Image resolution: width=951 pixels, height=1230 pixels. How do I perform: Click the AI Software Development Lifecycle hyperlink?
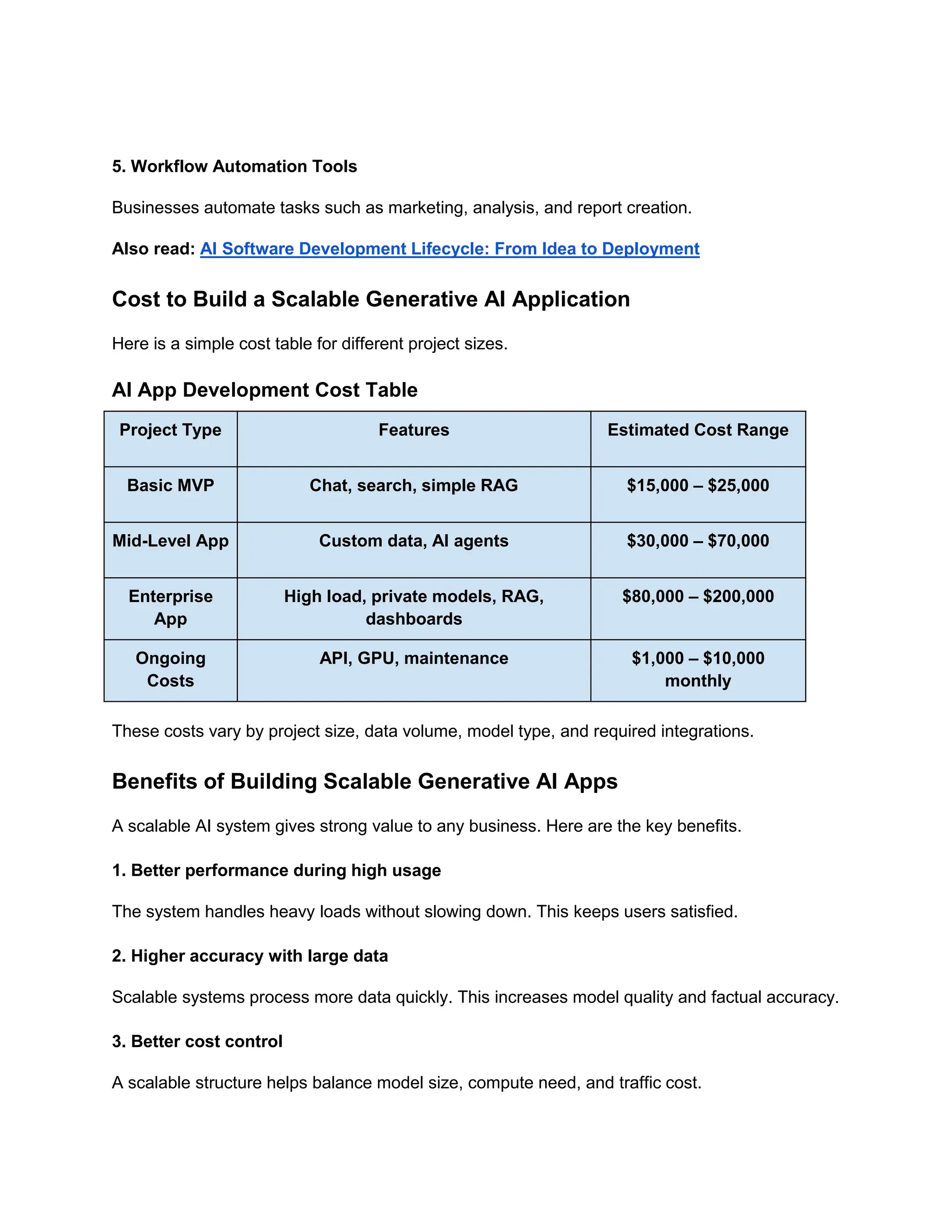[449, 248]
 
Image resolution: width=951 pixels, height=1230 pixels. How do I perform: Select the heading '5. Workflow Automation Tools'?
[234, 166]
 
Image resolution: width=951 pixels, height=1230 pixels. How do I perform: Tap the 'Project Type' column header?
[170, 430]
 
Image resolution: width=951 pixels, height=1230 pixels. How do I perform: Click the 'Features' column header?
[414, 430]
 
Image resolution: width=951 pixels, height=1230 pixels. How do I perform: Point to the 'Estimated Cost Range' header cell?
[697, 430]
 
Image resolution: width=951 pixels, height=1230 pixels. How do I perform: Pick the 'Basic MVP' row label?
[170, 485]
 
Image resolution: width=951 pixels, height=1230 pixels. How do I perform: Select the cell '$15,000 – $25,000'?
[697, 485]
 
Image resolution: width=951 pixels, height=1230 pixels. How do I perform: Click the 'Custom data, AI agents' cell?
[414, 541]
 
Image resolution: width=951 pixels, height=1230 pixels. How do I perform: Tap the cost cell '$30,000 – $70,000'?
[697, 541]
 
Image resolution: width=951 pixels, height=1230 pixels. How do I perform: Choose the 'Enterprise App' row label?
[170, 607]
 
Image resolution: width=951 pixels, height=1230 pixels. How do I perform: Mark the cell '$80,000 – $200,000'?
[697, 596]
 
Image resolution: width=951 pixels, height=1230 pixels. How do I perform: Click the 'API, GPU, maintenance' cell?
[414, 658]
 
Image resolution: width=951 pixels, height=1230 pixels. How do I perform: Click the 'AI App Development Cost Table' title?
[265, 390]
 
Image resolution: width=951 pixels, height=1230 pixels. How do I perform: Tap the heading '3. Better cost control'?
[197, 1042]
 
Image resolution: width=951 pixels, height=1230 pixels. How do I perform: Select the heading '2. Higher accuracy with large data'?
[249, 956]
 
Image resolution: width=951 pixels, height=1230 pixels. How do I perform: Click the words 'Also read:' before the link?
[153, 248]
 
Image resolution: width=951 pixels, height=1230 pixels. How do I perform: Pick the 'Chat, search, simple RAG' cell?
[414, 485]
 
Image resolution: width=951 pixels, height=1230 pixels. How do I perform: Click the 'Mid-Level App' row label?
[170, 541]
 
